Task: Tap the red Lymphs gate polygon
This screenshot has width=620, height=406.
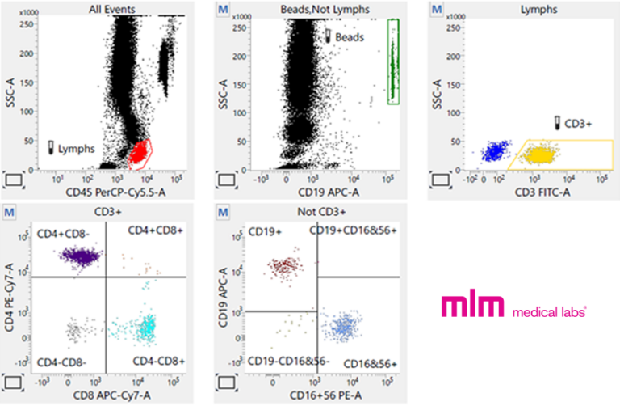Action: [141, 151]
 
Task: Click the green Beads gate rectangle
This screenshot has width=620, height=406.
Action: [394, 61]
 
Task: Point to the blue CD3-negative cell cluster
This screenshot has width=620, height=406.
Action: [492, 151]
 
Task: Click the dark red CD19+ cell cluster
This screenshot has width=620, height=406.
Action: [285, 266]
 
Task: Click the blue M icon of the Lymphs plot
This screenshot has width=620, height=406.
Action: [437, 9]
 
